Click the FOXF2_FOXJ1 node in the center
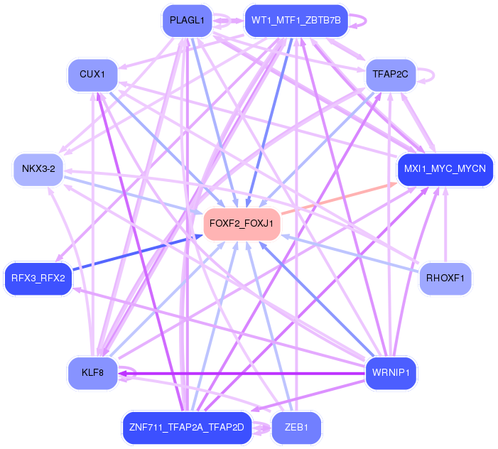tap(242, 224)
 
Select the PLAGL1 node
tap(187, 20)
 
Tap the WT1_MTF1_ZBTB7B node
tap(296, 20)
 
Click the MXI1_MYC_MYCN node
tap(445, 170)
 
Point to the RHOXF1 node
tap(445, 278)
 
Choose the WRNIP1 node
tap(391, 372)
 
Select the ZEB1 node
tap(296, 427)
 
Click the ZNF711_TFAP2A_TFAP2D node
tap(187, 427)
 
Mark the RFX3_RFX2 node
tap(38, 278)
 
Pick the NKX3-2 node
tap(38, 169)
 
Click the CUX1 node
tap(92, 74)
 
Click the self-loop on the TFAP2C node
tap(429, 73)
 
